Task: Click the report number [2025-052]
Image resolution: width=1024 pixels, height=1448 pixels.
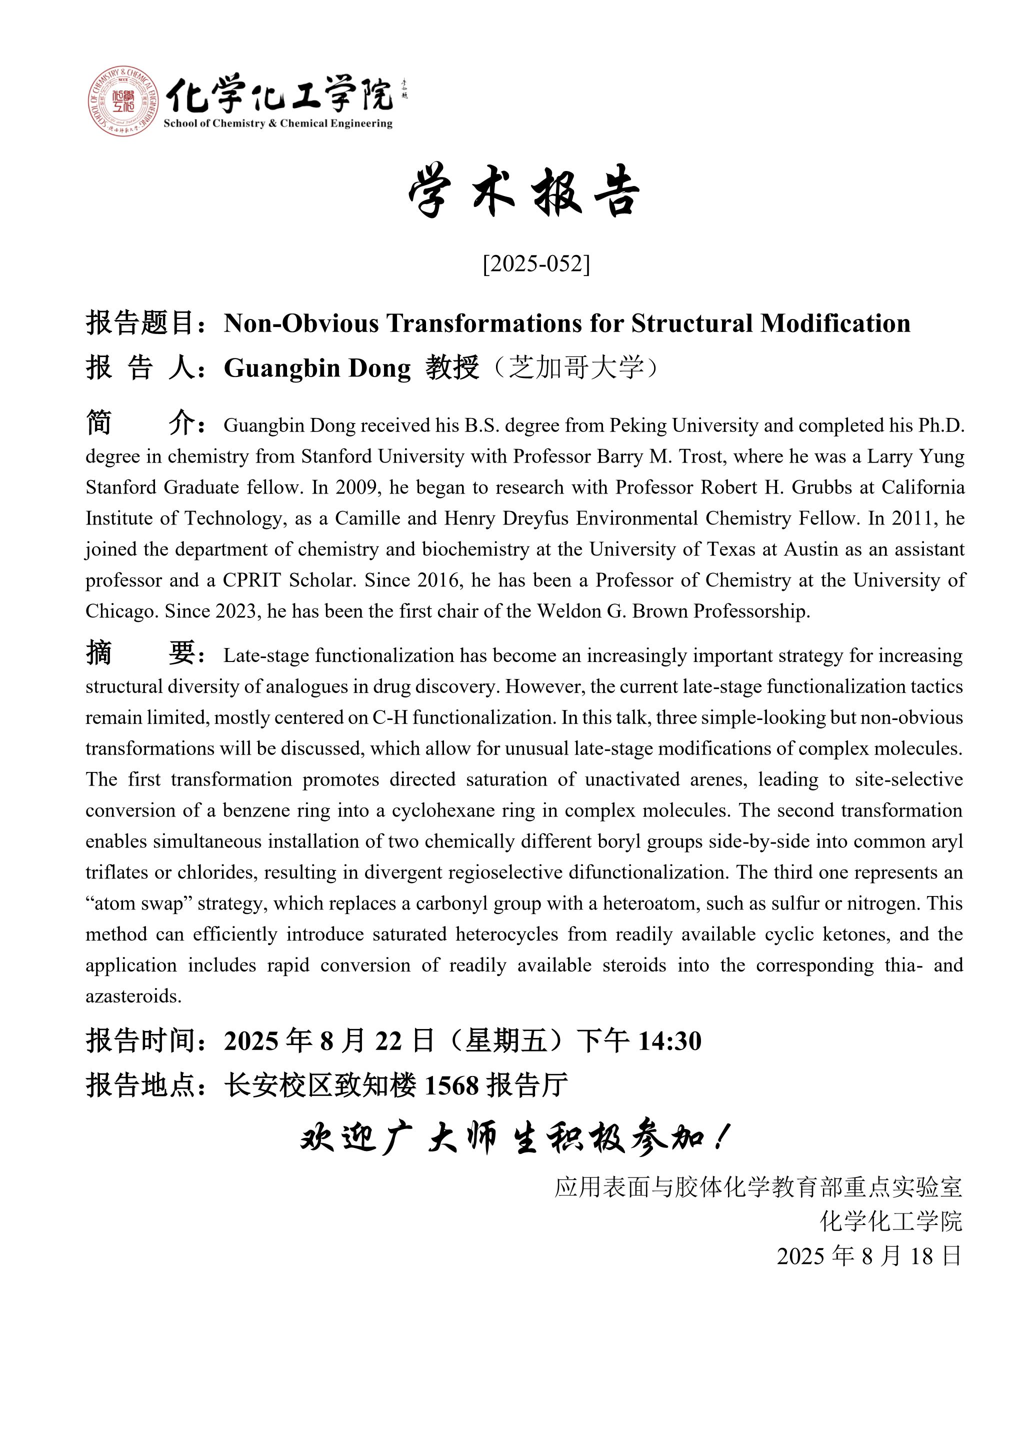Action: click(536, 263)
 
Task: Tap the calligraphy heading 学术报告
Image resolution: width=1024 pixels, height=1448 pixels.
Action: click(524, 191)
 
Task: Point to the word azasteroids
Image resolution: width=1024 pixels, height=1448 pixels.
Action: click(133, 996)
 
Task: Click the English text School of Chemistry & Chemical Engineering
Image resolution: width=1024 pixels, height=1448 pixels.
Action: click(278, 123)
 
